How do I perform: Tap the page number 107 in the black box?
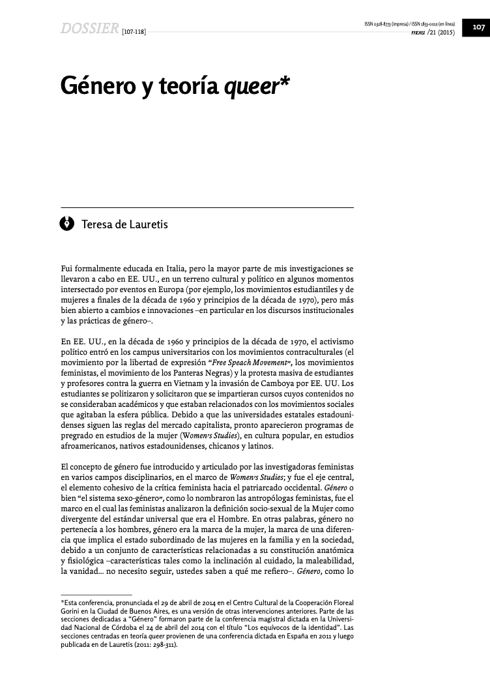point(478,27)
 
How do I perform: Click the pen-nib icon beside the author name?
point(67,224)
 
